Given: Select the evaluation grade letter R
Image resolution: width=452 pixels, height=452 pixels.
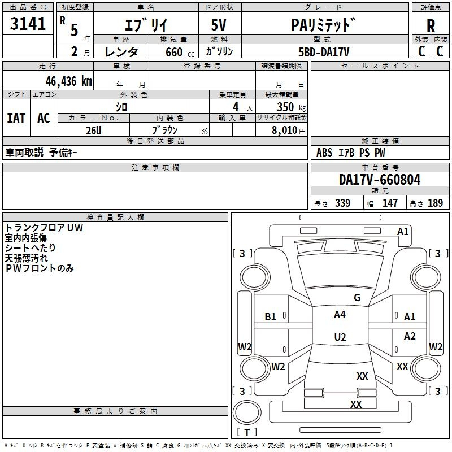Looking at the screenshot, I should tap(431, 26).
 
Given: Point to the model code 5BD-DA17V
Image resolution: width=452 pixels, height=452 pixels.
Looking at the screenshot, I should tap(324, 52).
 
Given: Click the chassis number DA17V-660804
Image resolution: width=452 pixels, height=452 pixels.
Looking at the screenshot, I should tap(380, 180).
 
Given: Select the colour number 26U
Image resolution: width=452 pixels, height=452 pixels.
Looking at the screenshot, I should tap(93, 130).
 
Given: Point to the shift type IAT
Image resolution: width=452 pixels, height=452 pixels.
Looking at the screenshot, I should tap(16, 118).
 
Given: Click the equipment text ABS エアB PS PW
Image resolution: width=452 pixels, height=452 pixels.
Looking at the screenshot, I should tap(350, 153).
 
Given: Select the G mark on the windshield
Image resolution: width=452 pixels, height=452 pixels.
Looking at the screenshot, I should tap(357, 298).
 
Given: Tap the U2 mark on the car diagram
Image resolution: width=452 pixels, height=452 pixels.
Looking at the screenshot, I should tap(340, 337).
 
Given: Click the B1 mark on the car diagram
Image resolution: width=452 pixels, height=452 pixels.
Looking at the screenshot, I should tap(271, 317).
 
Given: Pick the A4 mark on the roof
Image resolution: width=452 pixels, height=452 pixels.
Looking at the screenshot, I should tap(340, 315).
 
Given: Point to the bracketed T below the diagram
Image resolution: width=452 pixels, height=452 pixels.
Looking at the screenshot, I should tap(247, 433).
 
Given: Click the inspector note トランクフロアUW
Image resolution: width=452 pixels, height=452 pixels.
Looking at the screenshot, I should tap(44, 228).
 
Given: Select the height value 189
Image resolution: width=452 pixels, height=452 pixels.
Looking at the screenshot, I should tap(435, 203).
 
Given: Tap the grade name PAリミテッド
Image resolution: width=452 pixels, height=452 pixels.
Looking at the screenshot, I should tap(324, 25).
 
